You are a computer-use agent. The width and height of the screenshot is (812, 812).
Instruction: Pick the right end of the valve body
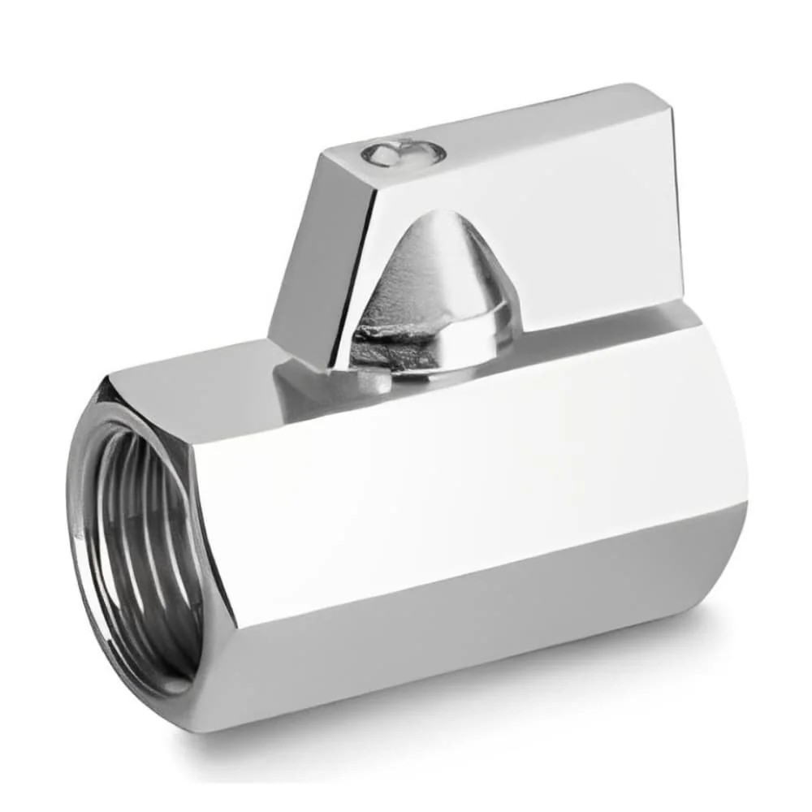tap(731, 455)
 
